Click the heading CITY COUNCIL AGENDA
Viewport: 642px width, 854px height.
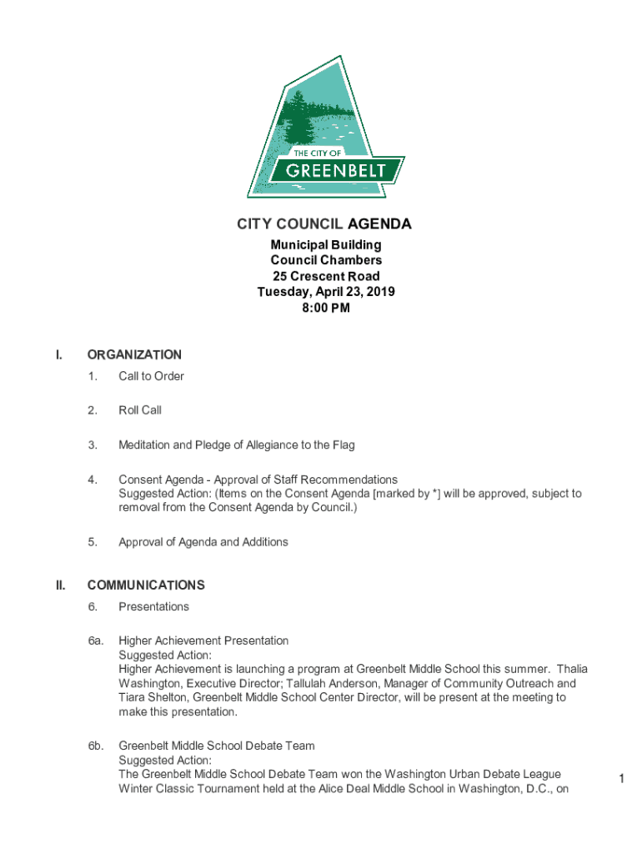[324, 224]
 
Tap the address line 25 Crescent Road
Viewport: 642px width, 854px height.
[325, 276]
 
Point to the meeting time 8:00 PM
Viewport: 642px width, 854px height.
[325, 308]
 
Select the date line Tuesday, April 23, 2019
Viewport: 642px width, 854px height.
[325, 292]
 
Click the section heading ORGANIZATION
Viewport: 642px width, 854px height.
[134, 354]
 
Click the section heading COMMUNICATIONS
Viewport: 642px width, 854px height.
[146, 585]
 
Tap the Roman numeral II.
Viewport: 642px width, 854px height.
[60, 585]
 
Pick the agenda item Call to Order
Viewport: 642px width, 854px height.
[151, 376]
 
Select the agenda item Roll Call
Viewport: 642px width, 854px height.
[140, 410]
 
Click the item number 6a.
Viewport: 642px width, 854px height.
[96, 640]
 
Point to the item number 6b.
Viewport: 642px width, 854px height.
[96, 746]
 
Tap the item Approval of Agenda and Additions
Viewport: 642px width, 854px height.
[203, 542]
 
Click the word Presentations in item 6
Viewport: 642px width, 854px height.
[153, 606]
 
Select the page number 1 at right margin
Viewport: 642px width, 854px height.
[621, 779]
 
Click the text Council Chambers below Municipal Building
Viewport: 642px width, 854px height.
[325, 260]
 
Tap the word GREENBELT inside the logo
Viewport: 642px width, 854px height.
[336, 172]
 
